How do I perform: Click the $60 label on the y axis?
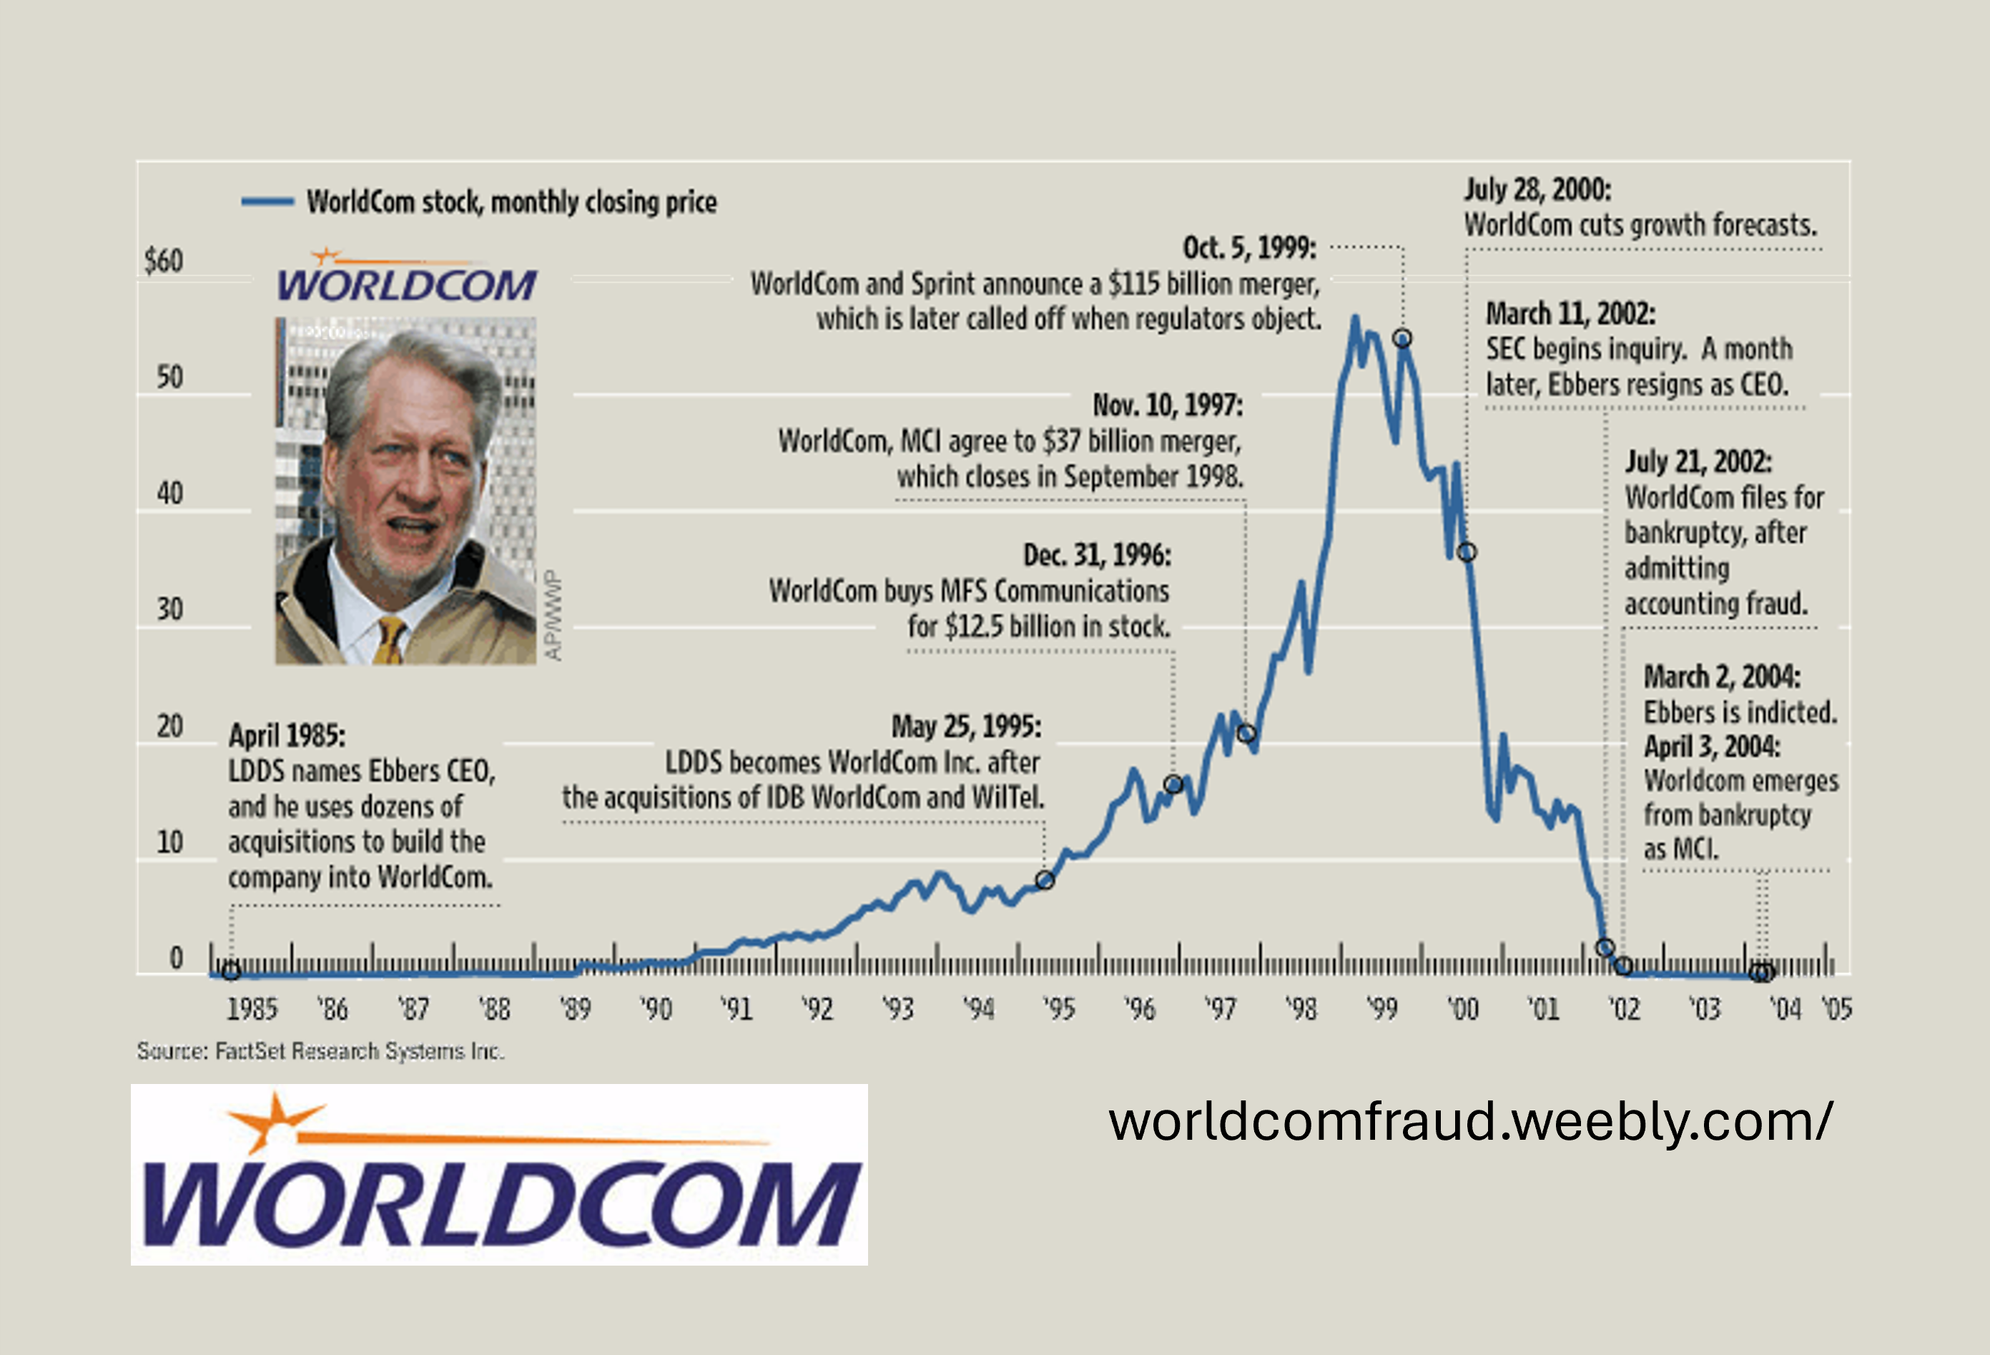[x=164, y=260]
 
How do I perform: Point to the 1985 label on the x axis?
[x=252, y=1009]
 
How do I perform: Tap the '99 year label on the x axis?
[x=1381, y=1009]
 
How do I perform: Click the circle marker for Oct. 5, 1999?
[x=1402, y=338]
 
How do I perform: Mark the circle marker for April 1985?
[x=230, y=971]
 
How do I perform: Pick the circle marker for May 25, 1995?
[x=1044, y=880]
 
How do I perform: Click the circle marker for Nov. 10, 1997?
[x=1247, y=733]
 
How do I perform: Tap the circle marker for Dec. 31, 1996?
[x=1173, y=784]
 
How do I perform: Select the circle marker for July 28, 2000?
[x=1467, y=553]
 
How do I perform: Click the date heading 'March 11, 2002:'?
[x=1570, y=313]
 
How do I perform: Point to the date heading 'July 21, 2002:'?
[x=1699, y=462]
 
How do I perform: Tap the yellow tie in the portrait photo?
[x=390, y=641]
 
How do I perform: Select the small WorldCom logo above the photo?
[x=407, y=276]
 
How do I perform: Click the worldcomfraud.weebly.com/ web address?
[x=1469, y=1122]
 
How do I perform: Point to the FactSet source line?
[x=321, y=1051]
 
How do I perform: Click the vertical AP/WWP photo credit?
[x=554, y=616]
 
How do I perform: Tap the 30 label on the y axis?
[x=169, y=609]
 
